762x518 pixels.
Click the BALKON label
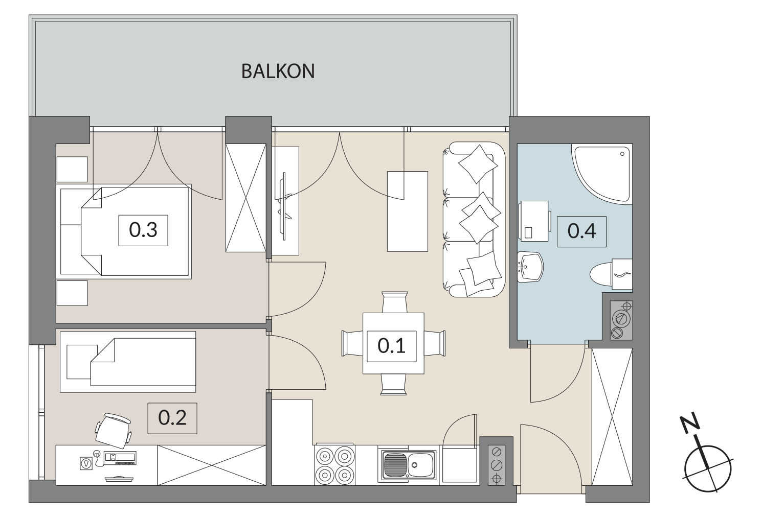coord(278,71)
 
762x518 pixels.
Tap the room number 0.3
coord(143,230)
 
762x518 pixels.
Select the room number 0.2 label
coord(172,418)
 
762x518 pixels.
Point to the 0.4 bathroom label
coord(581,231)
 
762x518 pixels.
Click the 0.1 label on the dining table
coord(391,346)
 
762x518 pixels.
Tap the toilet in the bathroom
coord(611,274)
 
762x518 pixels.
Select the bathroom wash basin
coord(530,267)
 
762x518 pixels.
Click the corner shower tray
coord(601,174)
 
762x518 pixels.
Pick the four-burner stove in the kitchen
coord(335,465)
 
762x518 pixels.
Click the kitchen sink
coord(407,465)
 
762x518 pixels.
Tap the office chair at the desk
coord(114,431)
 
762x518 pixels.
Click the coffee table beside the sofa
coord(408,211)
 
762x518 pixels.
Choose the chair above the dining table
coord(395,302)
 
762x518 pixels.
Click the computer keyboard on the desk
coord(120,458)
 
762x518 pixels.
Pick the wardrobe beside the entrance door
coord(612,417)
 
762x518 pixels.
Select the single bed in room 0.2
coord(128,362)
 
